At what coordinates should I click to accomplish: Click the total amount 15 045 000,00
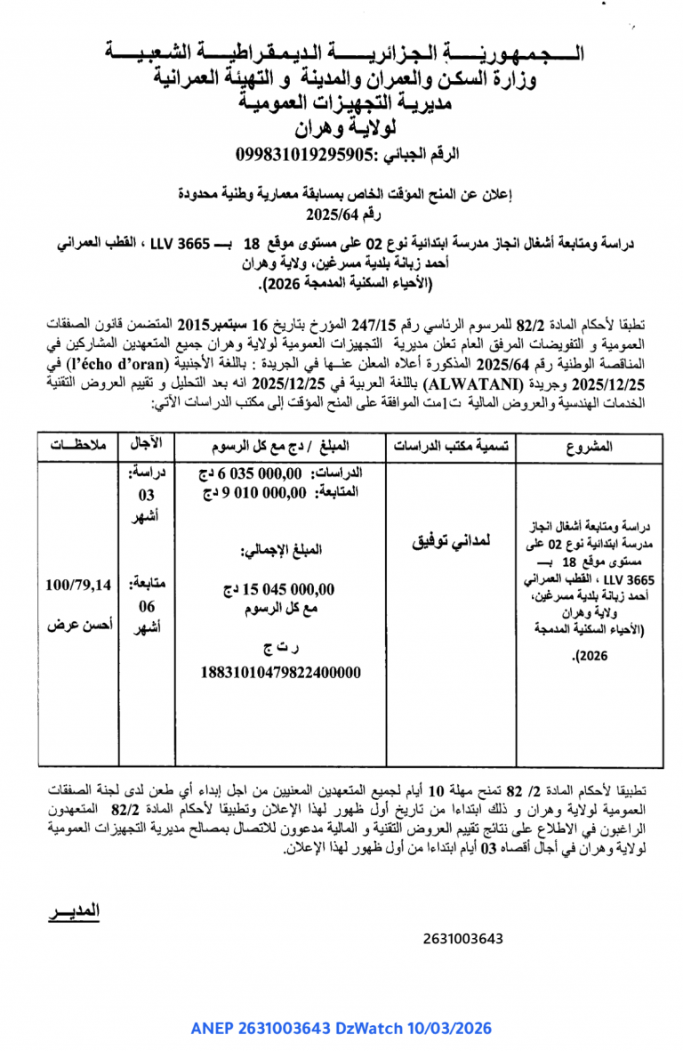coord(279,589)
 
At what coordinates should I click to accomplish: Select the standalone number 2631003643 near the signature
coord(463,938)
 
